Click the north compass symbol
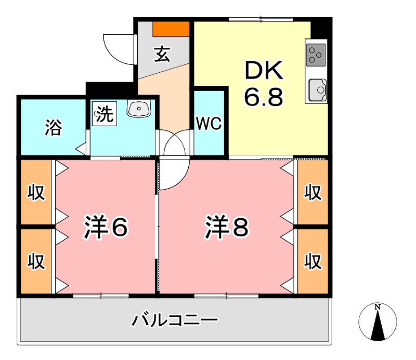[378, 322]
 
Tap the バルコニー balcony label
[174, 319]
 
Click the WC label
[209, 124]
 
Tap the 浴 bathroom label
[53, 127]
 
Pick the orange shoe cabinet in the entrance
[171, 29]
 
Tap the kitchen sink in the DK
[317, 90]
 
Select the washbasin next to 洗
[138, 109]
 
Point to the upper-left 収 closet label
[36, 193]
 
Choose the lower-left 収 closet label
[36, 260]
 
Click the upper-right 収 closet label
[313, 193]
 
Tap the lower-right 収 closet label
[313, 260]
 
